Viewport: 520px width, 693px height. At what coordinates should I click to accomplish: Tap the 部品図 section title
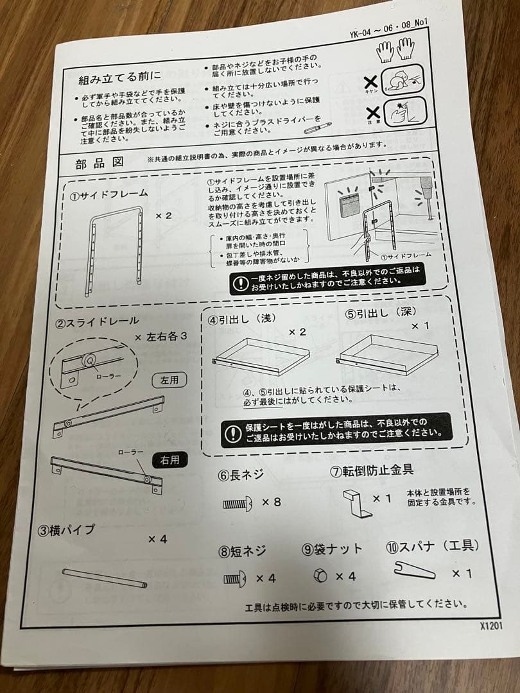(100, 162)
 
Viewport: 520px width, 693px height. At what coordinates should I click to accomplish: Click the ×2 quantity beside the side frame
(164, 216)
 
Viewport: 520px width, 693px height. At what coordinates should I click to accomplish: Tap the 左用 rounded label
(169, 380)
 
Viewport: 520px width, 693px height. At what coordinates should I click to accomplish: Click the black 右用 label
(169, 459)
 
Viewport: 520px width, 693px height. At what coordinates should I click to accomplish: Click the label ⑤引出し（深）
(379, 314)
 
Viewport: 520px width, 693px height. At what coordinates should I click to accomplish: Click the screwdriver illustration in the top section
(318, 128)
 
